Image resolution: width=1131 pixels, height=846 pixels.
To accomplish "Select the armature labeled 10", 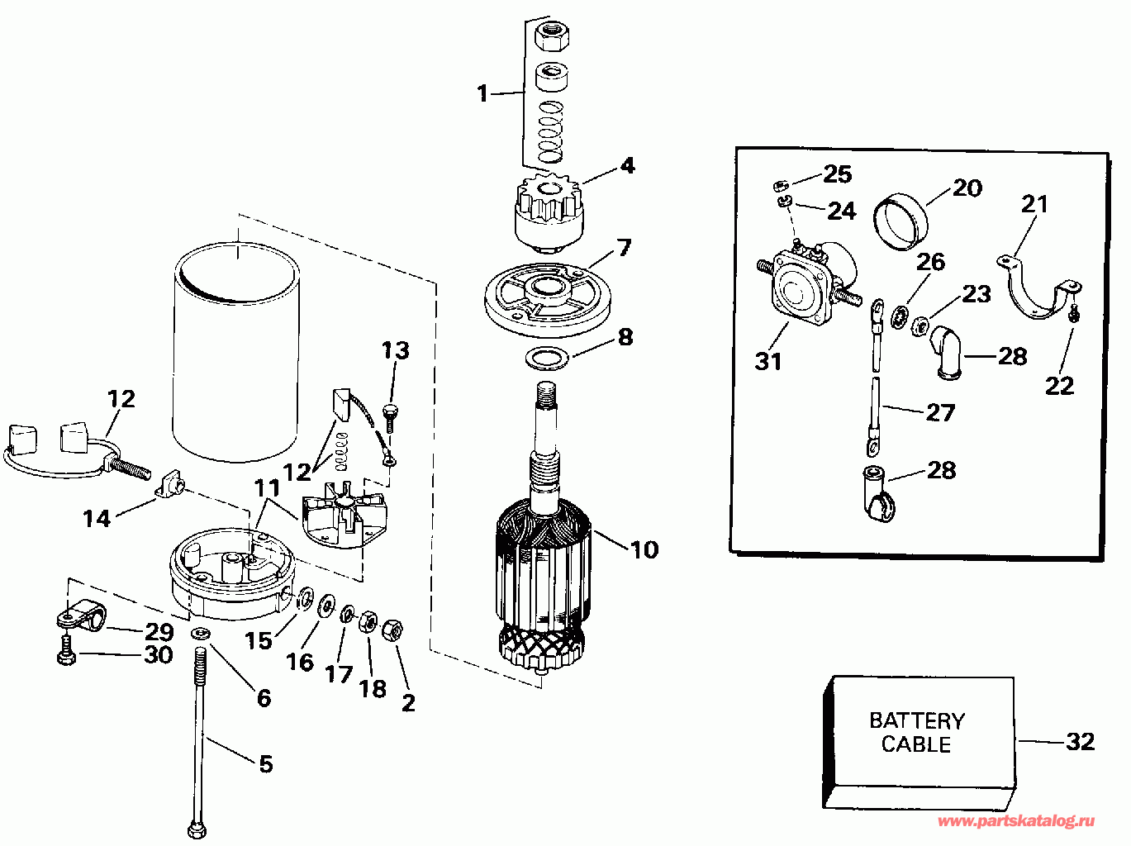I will click(x=541, y=570).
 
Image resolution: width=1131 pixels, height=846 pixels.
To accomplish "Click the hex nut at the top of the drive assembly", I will click(x=549, y=37).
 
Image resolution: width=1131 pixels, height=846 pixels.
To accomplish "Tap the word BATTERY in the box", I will click(x=916, y=720).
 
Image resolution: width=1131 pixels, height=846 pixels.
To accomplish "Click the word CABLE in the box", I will click(x=916, y=744).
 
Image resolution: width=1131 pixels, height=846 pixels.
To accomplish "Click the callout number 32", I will click(x=1080, y=741).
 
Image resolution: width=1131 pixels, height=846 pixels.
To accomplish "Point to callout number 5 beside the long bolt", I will click(x=265, y=763).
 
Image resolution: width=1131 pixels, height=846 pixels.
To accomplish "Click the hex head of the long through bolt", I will click(x=197, y=828).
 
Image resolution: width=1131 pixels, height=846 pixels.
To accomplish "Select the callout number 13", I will click(x=395, y=350).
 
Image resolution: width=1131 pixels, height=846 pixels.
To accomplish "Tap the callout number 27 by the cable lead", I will click(x=940, y=412).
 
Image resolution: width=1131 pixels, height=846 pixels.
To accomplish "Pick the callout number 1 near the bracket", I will click(x=482, y=93).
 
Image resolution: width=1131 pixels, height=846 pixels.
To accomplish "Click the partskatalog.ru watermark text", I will click(x=1016, y=821).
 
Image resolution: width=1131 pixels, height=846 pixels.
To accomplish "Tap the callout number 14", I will click(x=97, y=518).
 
